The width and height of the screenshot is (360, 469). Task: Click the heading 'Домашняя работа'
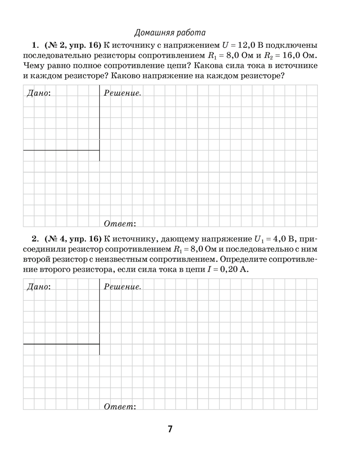pos(170,33)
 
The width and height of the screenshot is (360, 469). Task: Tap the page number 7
pos(170,429)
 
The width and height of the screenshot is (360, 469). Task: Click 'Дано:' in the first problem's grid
pos(39,93)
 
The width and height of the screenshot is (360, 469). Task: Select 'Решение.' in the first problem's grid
pos(122,93)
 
